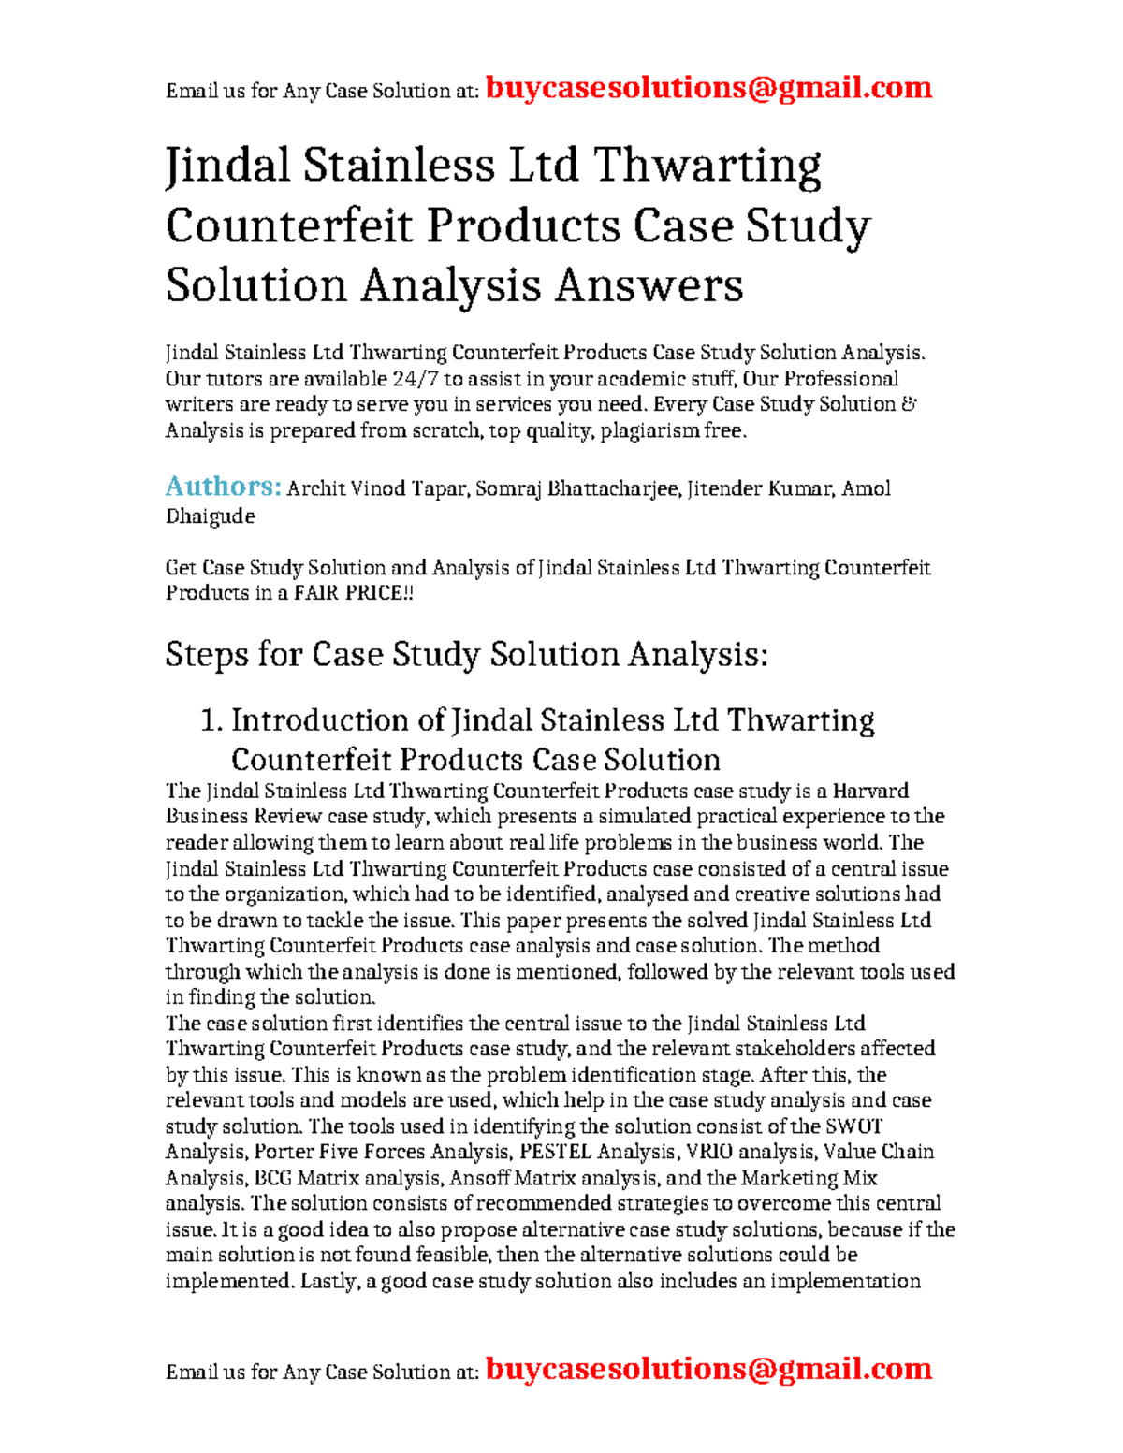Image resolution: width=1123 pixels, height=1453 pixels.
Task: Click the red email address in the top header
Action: pos(709,88)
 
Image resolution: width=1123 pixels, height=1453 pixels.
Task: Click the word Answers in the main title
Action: pos(649,284)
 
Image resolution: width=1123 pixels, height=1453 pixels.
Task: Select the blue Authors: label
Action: pos(223,487)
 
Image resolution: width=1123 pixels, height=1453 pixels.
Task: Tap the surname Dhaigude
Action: pos(210,516)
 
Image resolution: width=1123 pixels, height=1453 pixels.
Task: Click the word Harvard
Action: pos(870,791)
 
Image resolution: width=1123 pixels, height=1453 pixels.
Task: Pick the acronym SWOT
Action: pos(853,1126)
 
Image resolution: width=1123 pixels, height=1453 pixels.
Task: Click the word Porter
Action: pos(284,1152)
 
